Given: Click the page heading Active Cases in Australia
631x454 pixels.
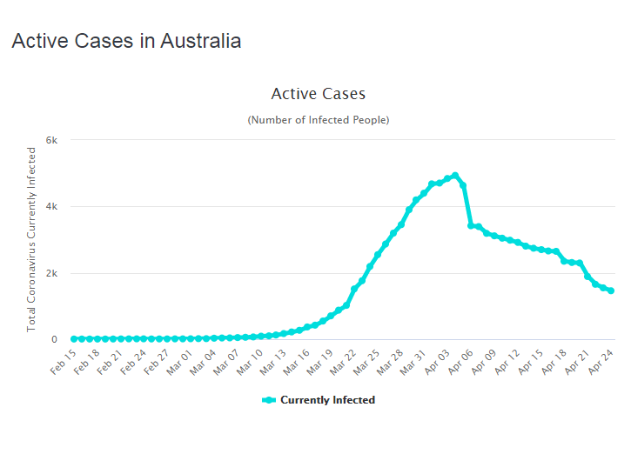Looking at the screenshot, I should click(x=126, y=41).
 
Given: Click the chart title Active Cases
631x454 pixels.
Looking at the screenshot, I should click(x=319, y=94).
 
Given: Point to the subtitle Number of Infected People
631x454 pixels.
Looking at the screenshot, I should click(x=319, y=119).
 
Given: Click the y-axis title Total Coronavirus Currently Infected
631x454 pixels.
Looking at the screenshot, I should click(x=32, y=239).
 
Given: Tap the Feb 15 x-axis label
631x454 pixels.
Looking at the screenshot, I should click(x=64, y=358).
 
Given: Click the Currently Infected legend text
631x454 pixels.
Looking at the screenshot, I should click(x=327, y=400).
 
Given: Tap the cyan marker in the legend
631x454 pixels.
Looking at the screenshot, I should click(x=269, y=400).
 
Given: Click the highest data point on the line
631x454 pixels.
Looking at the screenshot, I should click(x=455, y=176).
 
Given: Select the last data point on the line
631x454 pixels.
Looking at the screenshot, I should click(x=611, y=290).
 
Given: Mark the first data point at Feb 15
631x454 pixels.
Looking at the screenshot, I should click(x=73, y=339).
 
